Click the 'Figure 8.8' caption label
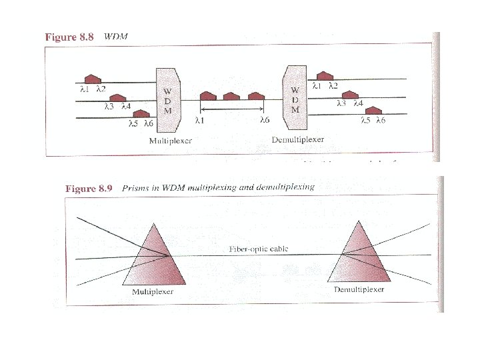70,37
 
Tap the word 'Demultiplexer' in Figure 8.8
298,140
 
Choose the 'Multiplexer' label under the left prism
152,291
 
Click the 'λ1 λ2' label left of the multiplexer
93,89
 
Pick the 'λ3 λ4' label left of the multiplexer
117,105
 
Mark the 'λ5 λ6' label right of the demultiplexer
373,121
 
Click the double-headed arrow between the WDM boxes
233,109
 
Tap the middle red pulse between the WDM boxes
231,97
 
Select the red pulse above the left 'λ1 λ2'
92,79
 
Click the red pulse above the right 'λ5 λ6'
373,110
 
